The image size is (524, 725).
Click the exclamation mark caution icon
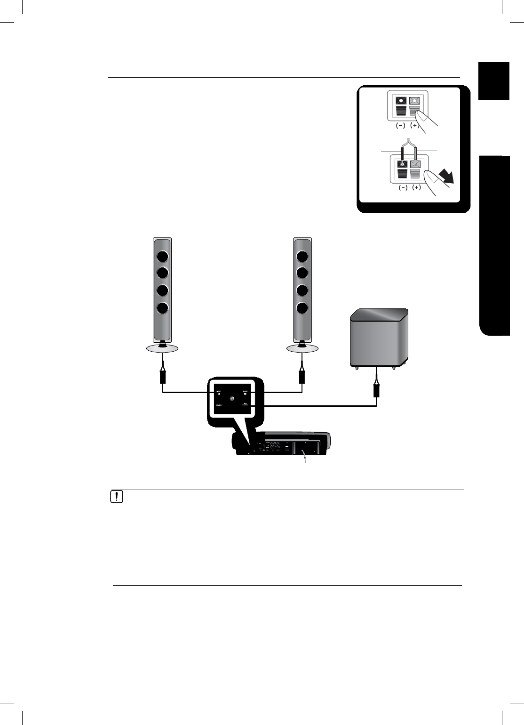(116, 497)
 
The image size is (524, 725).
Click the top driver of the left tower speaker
(162, 257)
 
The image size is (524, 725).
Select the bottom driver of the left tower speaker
(162, 308)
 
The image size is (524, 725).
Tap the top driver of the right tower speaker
(302, 257)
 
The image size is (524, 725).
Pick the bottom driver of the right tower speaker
(302, 308)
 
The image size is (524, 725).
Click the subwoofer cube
(379, 338)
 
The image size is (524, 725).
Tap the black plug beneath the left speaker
(163, 377)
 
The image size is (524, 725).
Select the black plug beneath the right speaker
(302, 377)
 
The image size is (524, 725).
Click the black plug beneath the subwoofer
(376, 390)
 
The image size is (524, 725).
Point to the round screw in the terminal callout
(232, 399)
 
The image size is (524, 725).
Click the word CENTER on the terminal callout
(219, 405)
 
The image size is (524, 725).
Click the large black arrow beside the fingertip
(446, 177)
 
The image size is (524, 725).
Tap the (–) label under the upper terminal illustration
(400, 126)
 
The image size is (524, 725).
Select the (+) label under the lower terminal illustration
(417, 187)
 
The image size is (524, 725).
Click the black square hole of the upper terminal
(401, 100)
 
